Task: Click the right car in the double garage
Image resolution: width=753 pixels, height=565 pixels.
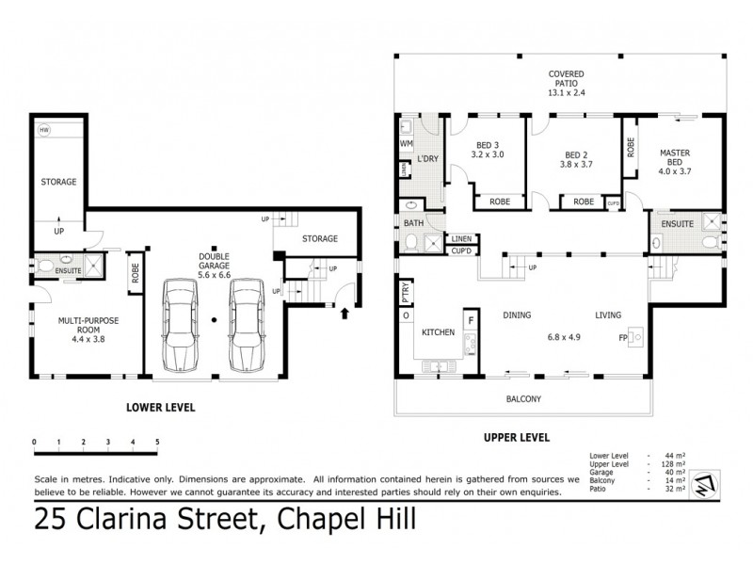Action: [248, 325]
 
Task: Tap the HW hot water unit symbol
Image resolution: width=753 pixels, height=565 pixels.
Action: [45, 130]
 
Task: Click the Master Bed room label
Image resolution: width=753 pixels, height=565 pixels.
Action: [675, 162]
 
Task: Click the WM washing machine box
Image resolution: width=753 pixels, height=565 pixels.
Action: [407, 144]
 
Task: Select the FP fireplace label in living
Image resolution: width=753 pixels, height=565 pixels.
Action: [622, 337]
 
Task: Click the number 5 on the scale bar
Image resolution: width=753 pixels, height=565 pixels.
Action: [157, 442]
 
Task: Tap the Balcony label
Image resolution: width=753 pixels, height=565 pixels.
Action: [523, 399]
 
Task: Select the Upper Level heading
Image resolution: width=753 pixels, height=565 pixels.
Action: [516, 437]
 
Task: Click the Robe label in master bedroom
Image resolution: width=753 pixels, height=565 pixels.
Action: [630, 147]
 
